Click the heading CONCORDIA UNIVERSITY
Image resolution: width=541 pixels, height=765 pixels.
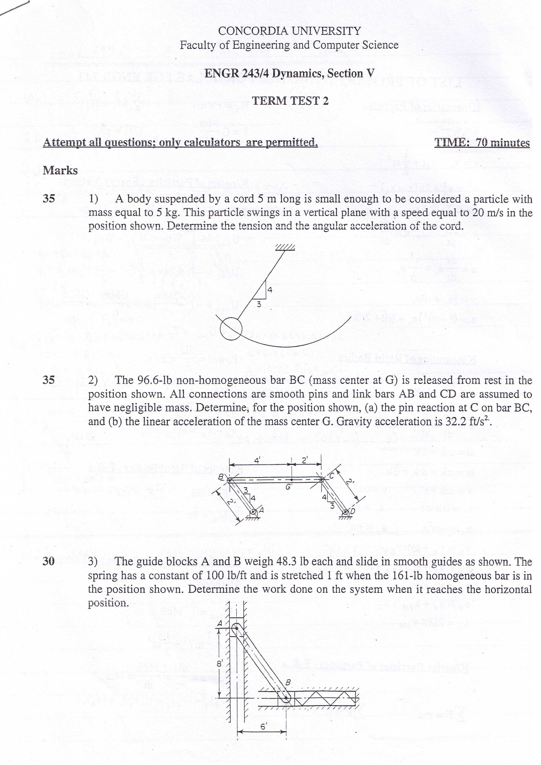(289, 31)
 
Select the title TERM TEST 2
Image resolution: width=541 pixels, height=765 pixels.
(290, 101)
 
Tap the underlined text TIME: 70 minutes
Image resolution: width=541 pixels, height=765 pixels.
(482, 143)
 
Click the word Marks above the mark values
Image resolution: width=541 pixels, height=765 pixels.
(60, 171)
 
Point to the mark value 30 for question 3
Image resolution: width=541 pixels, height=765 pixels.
(49, 561)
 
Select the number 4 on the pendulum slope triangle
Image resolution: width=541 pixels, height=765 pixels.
(270, 290)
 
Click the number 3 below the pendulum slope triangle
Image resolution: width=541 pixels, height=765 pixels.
(258, 304)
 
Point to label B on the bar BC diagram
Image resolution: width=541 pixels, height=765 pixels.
(220, 477)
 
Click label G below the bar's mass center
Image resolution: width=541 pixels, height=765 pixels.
(288, 487)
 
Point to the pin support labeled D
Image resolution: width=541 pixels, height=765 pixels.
(345, 513)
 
